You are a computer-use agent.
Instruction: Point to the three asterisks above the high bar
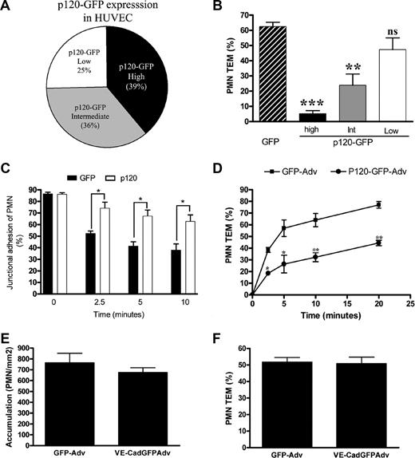point(301,105)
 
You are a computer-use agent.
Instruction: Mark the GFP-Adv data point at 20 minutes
point(377,205)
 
